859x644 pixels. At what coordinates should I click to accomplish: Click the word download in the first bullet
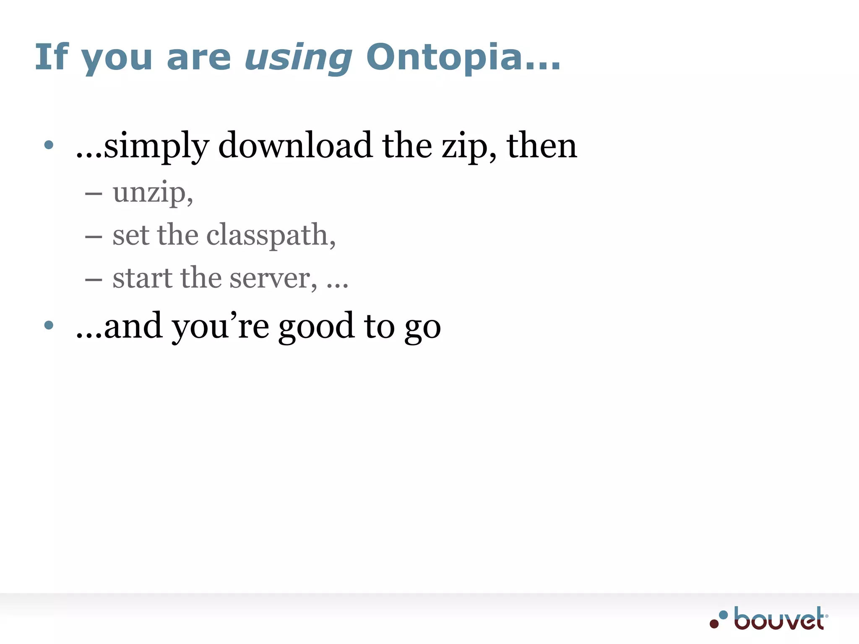[x=295, y=145]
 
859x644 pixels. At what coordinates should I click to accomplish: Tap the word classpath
[x=268, y=235]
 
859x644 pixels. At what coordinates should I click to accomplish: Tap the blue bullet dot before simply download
[x=49, y=145]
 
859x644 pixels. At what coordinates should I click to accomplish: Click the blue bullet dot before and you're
[x=49, y=325]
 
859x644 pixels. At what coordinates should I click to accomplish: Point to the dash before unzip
[x=94, y=194]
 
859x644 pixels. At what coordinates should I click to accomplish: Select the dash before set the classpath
[x=94, y=237]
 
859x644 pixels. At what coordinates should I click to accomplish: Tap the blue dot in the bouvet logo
[x=723, y=615]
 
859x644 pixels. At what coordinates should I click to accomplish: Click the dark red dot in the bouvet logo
[x=714, y=623]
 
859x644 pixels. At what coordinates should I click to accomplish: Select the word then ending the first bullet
[x=541, y=145]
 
